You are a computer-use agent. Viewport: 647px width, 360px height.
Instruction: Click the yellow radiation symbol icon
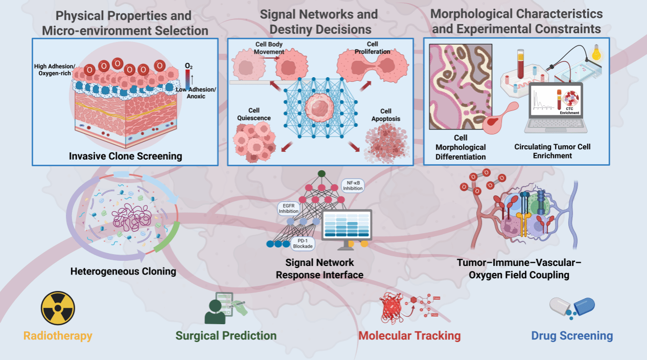coord(58,308)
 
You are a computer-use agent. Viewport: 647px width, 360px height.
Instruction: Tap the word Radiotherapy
coord(58,336)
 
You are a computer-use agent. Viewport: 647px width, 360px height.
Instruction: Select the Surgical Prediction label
coord(226,336)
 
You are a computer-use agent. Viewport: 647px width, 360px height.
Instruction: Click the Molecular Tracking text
coord(409,336)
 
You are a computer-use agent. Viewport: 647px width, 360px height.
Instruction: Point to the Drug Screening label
coord(572,336)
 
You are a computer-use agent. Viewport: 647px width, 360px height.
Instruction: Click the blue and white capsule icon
coord(572,307)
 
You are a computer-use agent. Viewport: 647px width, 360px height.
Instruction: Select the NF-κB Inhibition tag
coord(353,185)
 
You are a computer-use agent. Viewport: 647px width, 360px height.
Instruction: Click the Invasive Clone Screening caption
coord(125,156)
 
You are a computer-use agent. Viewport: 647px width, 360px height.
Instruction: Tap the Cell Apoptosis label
coord(386,115)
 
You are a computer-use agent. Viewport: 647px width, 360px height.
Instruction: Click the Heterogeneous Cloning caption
coord(123,271)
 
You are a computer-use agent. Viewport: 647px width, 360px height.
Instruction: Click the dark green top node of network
coord(320,174)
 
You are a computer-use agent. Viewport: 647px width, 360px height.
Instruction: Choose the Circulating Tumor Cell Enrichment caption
coord(552,151)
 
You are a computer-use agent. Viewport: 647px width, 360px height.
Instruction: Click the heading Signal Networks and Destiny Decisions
coord(319,21)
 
